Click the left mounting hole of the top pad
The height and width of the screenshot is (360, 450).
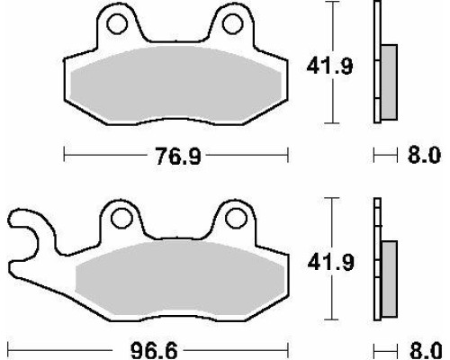pyautogui.click(x=117, y=24)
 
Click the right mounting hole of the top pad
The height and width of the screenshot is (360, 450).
pyautogui.click(x=232, y=24)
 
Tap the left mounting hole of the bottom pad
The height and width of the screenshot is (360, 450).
pyautogui.click(x=121, y=218)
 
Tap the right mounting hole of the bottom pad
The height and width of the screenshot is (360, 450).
pyautogui.click(x=236, y=218)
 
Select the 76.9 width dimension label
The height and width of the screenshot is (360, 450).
pyautogui.click(x=178, y=156)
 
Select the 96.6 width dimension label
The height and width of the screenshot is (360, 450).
pyautogui.click(x=154, y=350)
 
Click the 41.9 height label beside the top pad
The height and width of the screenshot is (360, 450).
pyautogui.click(x=329, y=66)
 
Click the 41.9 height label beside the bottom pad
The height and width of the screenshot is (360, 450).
pyautogui.click(x=331, y=262)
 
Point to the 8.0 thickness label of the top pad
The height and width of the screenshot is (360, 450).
pyautogui.click(x=424, y=155)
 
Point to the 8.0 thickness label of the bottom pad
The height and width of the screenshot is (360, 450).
pyautogui.click(x=426, y=350)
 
